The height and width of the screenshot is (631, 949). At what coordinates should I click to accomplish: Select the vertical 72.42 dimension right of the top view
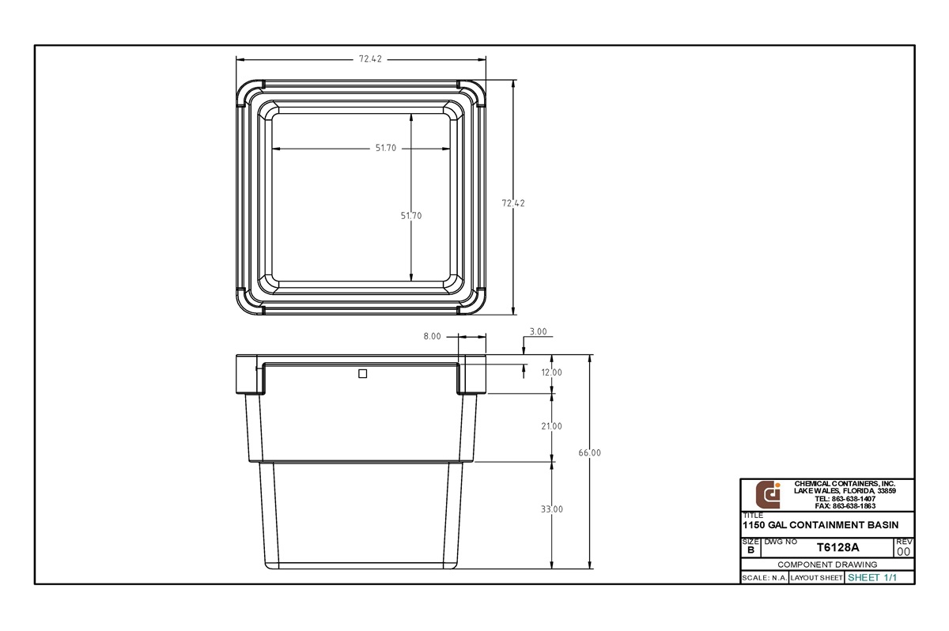point(513,203)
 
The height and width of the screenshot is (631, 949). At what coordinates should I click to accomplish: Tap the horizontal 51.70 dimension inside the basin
point(386,149)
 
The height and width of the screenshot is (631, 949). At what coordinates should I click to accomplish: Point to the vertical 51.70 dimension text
point(411,216)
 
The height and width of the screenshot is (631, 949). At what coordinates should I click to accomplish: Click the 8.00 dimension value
point(432,336)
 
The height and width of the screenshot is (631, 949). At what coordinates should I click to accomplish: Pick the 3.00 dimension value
point(538,331)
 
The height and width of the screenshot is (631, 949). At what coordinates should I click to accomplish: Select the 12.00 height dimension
point(551,372)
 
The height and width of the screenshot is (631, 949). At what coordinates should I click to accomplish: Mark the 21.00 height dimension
point(551,426)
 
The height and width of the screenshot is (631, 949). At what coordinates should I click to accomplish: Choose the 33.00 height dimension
point(551,509)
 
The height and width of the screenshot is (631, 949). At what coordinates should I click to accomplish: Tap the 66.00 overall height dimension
point(590,453)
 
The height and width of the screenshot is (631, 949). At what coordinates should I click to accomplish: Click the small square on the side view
point(363,374)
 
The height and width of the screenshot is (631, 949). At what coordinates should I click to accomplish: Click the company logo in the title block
point(768,495)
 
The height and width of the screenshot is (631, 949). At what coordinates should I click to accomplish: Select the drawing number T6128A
point(837,547)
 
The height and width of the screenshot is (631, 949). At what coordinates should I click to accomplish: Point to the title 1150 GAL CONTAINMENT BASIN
point(820,525)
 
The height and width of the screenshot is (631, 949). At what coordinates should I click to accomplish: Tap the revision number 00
point(904,551)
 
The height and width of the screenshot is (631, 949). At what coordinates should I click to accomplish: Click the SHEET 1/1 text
point(872,578)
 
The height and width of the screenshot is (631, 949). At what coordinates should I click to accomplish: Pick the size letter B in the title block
point(750,550)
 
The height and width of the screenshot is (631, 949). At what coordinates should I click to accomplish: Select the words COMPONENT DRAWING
point(827,565)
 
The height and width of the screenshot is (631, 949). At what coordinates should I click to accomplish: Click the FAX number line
point(845,506)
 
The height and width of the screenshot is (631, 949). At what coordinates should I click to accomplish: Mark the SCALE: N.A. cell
point(764,578)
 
